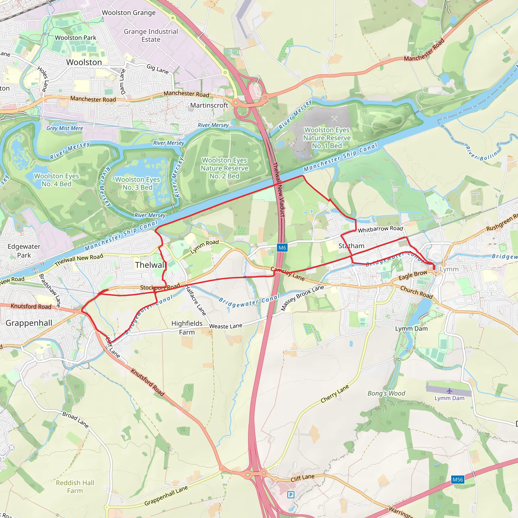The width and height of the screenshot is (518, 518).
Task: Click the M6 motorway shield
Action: pyautogui.click(x=282, y=247)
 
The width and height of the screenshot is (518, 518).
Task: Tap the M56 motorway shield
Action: pyautogui.click(x=457, y=479)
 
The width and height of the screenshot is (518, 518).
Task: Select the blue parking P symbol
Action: pyautogui.click(x=291, y=495)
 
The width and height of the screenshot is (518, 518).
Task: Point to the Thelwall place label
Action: pyautogui.click(x=150, y=265)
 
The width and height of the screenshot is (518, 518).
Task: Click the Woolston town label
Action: pyautogui.click(x=84, y=62)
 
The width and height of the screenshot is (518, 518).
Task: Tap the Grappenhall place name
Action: pyautogui.click(x=29, y=323)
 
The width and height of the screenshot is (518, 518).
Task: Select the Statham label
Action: pyautogui.click(x=351, y=246)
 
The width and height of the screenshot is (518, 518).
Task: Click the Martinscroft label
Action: pyautogui.click(x=209, y=105)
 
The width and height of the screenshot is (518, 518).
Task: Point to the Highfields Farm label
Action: pyautogui.click(x=187, y=328)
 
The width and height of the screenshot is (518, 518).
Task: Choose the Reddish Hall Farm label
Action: pyautogui.click(x=75, y=487)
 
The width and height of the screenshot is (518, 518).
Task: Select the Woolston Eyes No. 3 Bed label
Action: pyautogui.click(x=138, y=183)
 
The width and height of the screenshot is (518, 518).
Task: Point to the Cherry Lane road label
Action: pyautogui.click(x=335, y=394)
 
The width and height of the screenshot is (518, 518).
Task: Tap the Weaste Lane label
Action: pyautogui.click(x=226, y=326)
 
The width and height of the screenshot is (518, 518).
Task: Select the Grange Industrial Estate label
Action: pyautogui.click(x=151, y=35)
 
